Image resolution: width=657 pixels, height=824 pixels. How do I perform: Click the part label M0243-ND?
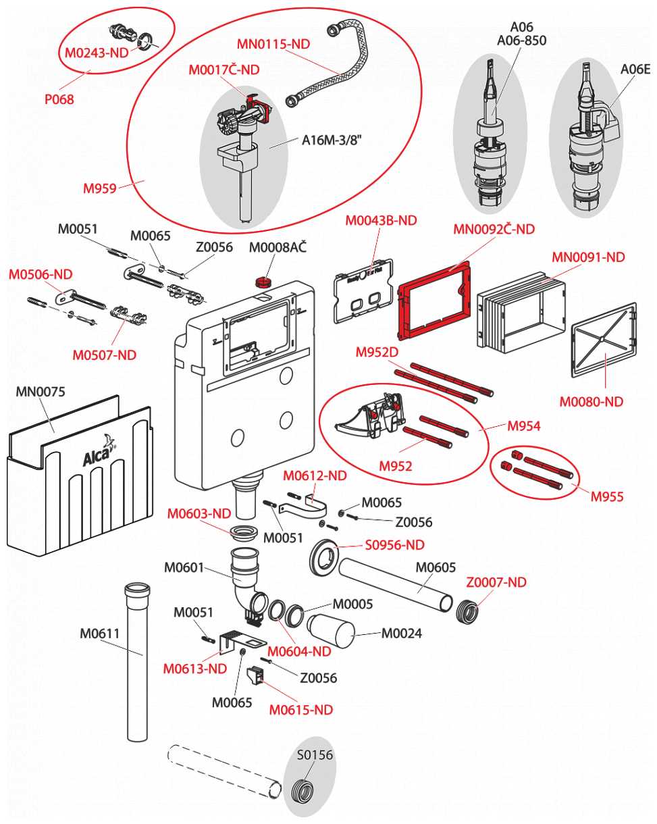pos(97,53)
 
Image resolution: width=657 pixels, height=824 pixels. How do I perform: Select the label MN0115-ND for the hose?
pos(273,44)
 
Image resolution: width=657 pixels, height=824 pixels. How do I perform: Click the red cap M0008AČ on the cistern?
pos(262,281)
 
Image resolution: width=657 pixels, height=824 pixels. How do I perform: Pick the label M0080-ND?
pos(592,402)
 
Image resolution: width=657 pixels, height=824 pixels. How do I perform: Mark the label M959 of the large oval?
pos(100,188)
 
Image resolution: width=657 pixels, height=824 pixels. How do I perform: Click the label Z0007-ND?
pos(496,582)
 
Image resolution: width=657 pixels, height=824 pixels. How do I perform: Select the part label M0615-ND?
pos(301,709)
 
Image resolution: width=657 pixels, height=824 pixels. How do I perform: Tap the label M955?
pos(607,497)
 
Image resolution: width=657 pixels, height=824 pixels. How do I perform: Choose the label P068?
pos(59,99)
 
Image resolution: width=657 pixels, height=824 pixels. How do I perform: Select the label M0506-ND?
pos(40,274)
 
